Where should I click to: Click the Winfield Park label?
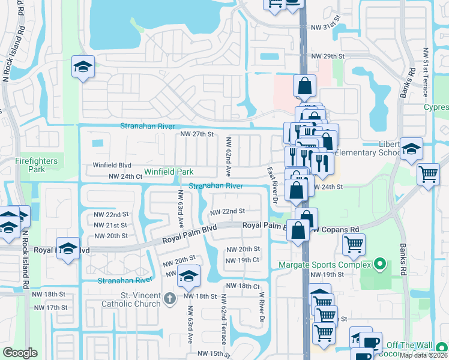pyautogui.click(x=168, y=172)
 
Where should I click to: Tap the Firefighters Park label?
pyautogui.click(x=37, y=165)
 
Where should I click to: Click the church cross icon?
pyautogui.click(x=170, y=297)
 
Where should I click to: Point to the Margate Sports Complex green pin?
pyautogui.click(x=379, y=263)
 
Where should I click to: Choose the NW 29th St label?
pyautogui.click(x=327, y=56)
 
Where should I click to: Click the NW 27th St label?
pyautogui.click(x=197, y=134)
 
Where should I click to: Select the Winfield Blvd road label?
pyautogui.click(x=112, y=165)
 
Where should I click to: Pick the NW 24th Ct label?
pyautogui.click(x=125, y=176)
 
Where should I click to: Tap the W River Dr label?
pyautogui.click(x=262, y=307)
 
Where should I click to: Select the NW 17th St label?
pyautogui.click(x=51, y=307)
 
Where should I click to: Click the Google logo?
pyautogui.click(x=20, y=353)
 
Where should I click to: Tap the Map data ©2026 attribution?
pyautogui.click(x=423, y=355)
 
